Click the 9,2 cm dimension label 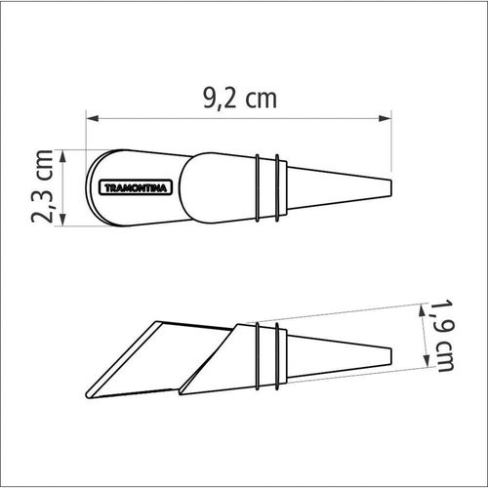[x=240, y=99]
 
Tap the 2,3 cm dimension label [x=42, y=186]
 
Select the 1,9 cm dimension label [x=442, y=336]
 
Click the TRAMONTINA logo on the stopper [x=136, y=188]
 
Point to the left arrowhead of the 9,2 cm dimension [x=93, y=118]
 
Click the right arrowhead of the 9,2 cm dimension [x=386, y=118]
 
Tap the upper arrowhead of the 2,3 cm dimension [x=63, y=156]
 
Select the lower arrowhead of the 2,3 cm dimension [x=63, y=220]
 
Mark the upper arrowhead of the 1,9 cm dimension [x=422, y=310]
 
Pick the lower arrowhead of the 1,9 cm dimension [x=426, y=360]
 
